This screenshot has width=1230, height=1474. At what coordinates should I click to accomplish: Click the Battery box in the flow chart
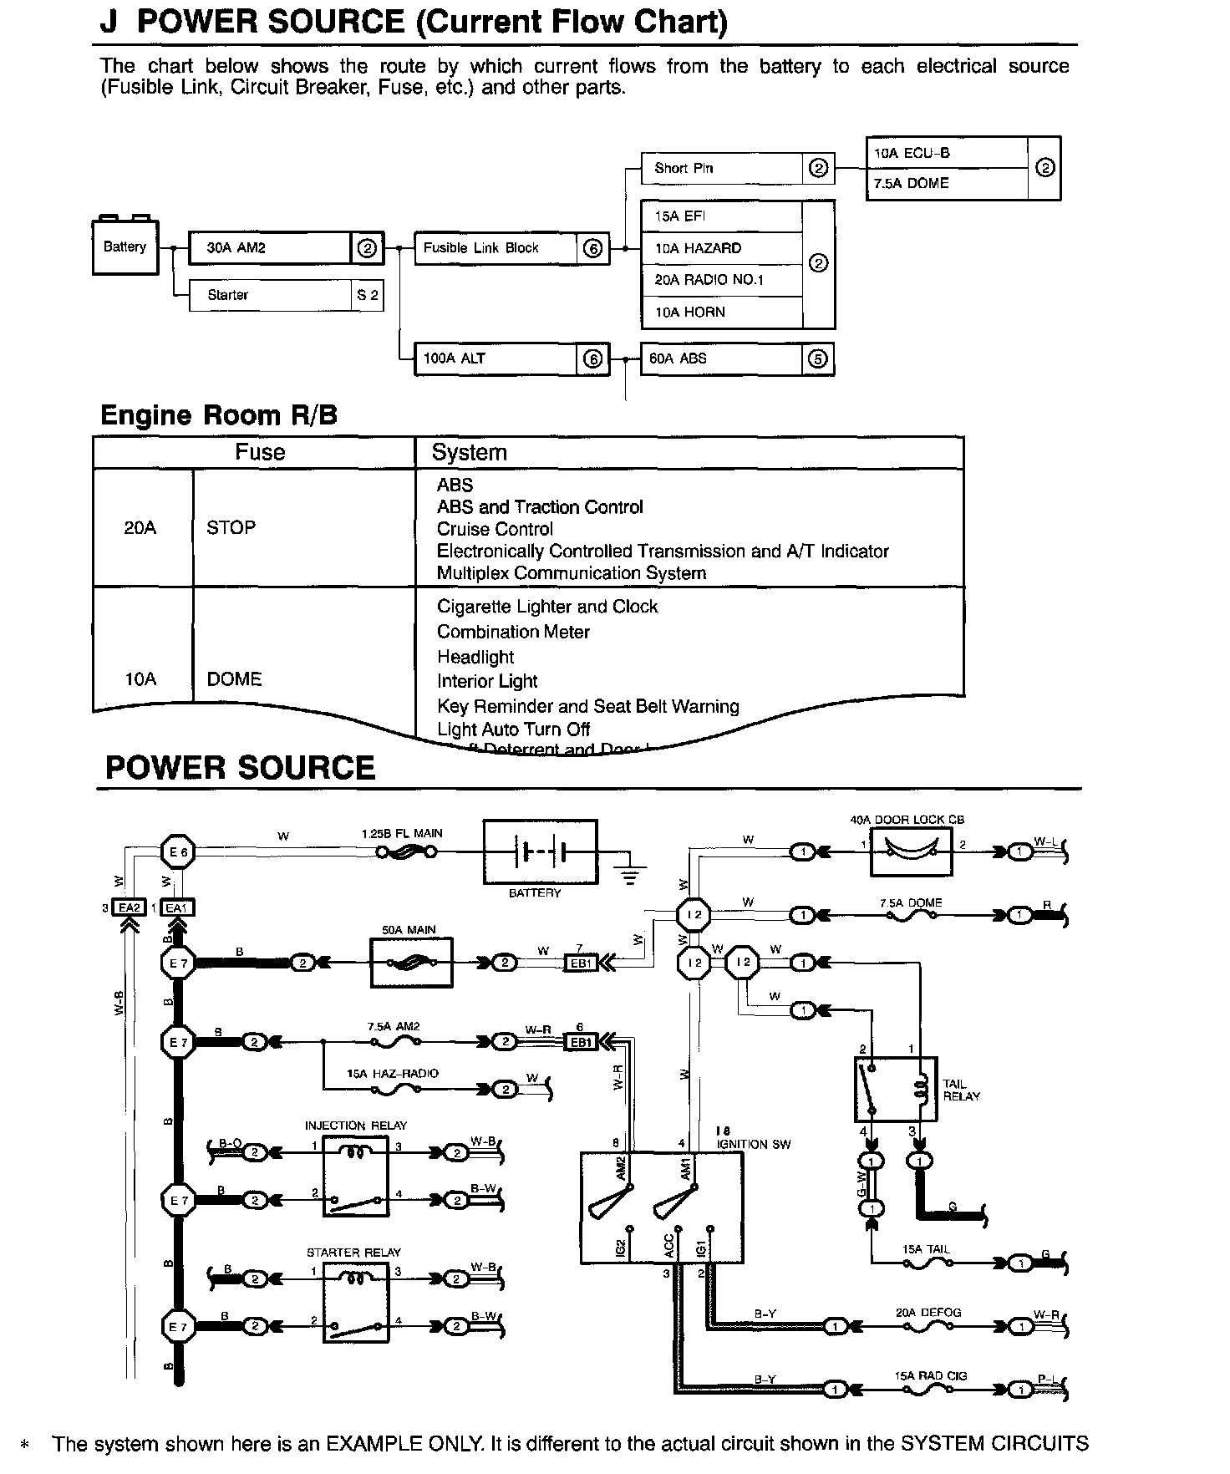tap(125, 247)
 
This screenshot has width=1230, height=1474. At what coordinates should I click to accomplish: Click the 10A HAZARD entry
tap(720, 248)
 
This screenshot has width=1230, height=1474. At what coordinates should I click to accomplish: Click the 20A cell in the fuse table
tap(140, 528)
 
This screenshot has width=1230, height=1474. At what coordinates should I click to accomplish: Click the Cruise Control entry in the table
tap(495, 530)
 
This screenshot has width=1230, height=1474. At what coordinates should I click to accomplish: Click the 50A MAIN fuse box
tap(411, 963)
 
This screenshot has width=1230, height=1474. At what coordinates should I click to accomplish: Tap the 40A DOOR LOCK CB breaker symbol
tap(911, 851)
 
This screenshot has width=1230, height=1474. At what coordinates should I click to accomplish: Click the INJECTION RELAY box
tap(355, 1178)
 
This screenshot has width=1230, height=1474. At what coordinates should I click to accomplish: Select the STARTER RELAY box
tap(355, 1302)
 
